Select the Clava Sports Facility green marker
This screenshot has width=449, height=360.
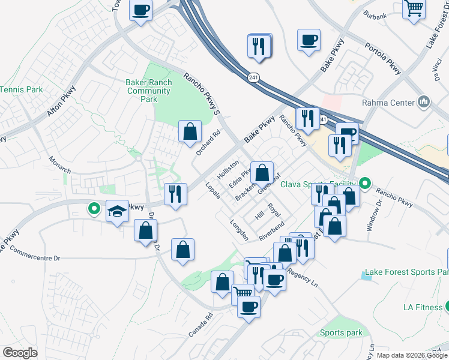[x=364, y=184]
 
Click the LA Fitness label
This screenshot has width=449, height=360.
[x=423, y=307]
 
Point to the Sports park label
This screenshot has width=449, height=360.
[x=341, y=333]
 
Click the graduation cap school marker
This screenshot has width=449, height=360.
[x=118, y=211]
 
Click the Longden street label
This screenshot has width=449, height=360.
[x=239, y=230]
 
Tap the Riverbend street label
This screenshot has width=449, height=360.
[x=271, y=231]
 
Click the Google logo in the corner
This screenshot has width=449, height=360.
[x=20, y=352]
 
